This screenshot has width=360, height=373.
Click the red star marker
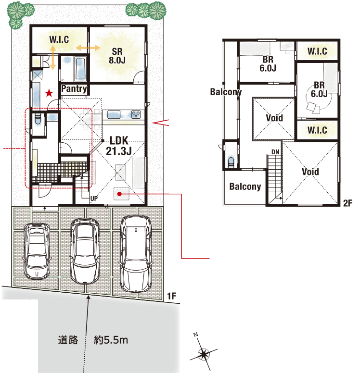(x=49, y=93)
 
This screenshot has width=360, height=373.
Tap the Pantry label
(x=74, y=89)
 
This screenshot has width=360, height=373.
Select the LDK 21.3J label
(x=119, y=146)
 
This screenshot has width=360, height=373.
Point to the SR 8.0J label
(x=117, y=56)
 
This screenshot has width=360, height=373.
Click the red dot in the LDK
(x=119, y=194)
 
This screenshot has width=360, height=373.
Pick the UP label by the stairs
(x=94, y=199)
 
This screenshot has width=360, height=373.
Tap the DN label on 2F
(x=275, y=152)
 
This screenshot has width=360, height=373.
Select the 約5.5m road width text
(x=111, y=340)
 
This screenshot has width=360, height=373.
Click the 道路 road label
(x=68, y=340)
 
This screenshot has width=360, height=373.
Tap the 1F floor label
(x=171, y=296)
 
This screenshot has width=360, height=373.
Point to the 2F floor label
(x=347, y=203)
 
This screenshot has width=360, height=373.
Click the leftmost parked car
(x=37, y=251)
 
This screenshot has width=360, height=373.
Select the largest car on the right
(x=136, y=254)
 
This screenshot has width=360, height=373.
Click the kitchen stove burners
(x=136, y=114)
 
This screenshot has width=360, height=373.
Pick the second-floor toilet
(x=231, y=162)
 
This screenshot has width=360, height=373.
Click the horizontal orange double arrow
(x=88, y=48)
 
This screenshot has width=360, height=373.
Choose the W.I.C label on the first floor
(x=59, y=39)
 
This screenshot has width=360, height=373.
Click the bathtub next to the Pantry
(x=80, y=69)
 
